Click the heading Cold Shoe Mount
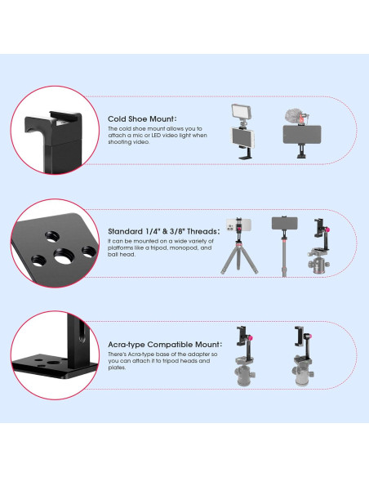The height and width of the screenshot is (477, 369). coord(142,118)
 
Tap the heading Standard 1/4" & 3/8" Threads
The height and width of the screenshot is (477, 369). coord(163,231)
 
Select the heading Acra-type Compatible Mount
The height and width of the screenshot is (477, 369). coord(165,345)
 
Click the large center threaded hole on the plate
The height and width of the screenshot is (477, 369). coord(62,256)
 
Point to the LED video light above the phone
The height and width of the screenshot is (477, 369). coord(241,112)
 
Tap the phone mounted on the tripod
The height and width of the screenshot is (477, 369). coord(238,225)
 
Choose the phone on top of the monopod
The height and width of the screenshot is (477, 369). coord(284,223)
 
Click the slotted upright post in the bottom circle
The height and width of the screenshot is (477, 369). coord(78,343)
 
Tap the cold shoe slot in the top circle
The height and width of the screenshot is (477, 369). coord(64,120)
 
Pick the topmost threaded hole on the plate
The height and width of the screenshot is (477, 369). coord(52,236)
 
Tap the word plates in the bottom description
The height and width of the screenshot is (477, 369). coord(117,368)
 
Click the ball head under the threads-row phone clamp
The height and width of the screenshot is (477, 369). coord(319,264)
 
